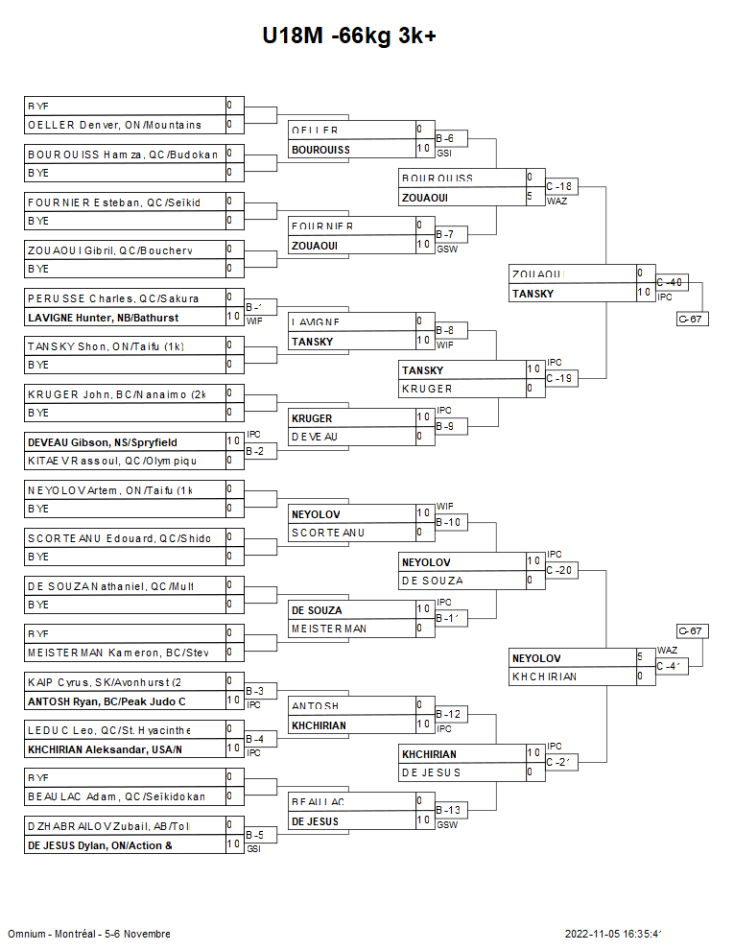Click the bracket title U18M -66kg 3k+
click(350, 36)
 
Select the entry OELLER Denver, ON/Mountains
click(114, 125)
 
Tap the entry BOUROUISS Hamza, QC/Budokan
click(123, 154)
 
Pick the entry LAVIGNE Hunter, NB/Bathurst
click(103, 317)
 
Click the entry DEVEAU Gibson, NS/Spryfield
click(103, 441)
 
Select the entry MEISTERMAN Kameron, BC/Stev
click(116, 653)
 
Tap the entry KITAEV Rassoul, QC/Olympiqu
click(111, 461)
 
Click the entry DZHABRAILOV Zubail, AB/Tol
click(108, 825)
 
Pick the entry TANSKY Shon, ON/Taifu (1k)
click(106, 345)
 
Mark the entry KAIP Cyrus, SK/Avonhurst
click(106, 681)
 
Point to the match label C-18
click(559, 186)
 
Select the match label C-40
click(670, 282)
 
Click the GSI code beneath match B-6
click(443, 153)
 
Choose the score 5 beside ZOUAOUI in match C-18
click(530, 197)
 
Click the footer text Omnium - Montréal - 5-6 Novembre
click(89, 934)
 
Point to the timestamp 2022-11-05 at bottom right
click(614, 934)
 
